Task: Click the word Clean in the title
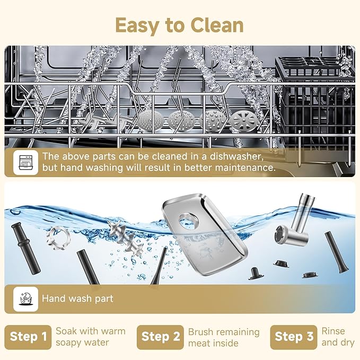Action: pyautogui.click(x=217, y=25)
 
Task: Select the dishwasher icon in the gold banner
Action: pyautogui.click(x=25, y=163)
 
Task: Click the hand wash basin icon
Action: pyautogui.click(x=25, y=299)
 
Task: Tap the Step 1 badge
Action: pyautogui.click(x=28, y=337)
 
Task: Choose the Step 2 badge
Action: pyautogui.click(x=160, y=337)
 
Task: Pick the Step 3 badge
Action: pyautogui.click(x=294, y=337)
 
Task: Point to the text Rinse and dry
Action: pyautogui.click(x=338, y=337)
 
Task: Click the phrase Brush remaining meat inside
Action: pyautogui.click(x=224, y=337)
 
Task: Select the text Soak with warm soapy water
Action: pyautogui.click(x=91, y=337)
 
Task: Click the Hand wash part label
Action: pyautogui.click(x=77, y=298)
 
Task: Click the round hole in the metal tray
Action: pyautogui.click(x=188, y=221)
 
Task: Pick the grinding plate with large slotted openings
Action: pyautogui.click(x=244, y=121)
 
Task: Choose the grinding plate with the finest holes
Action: pyautogui.click(x=151, y=121)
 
